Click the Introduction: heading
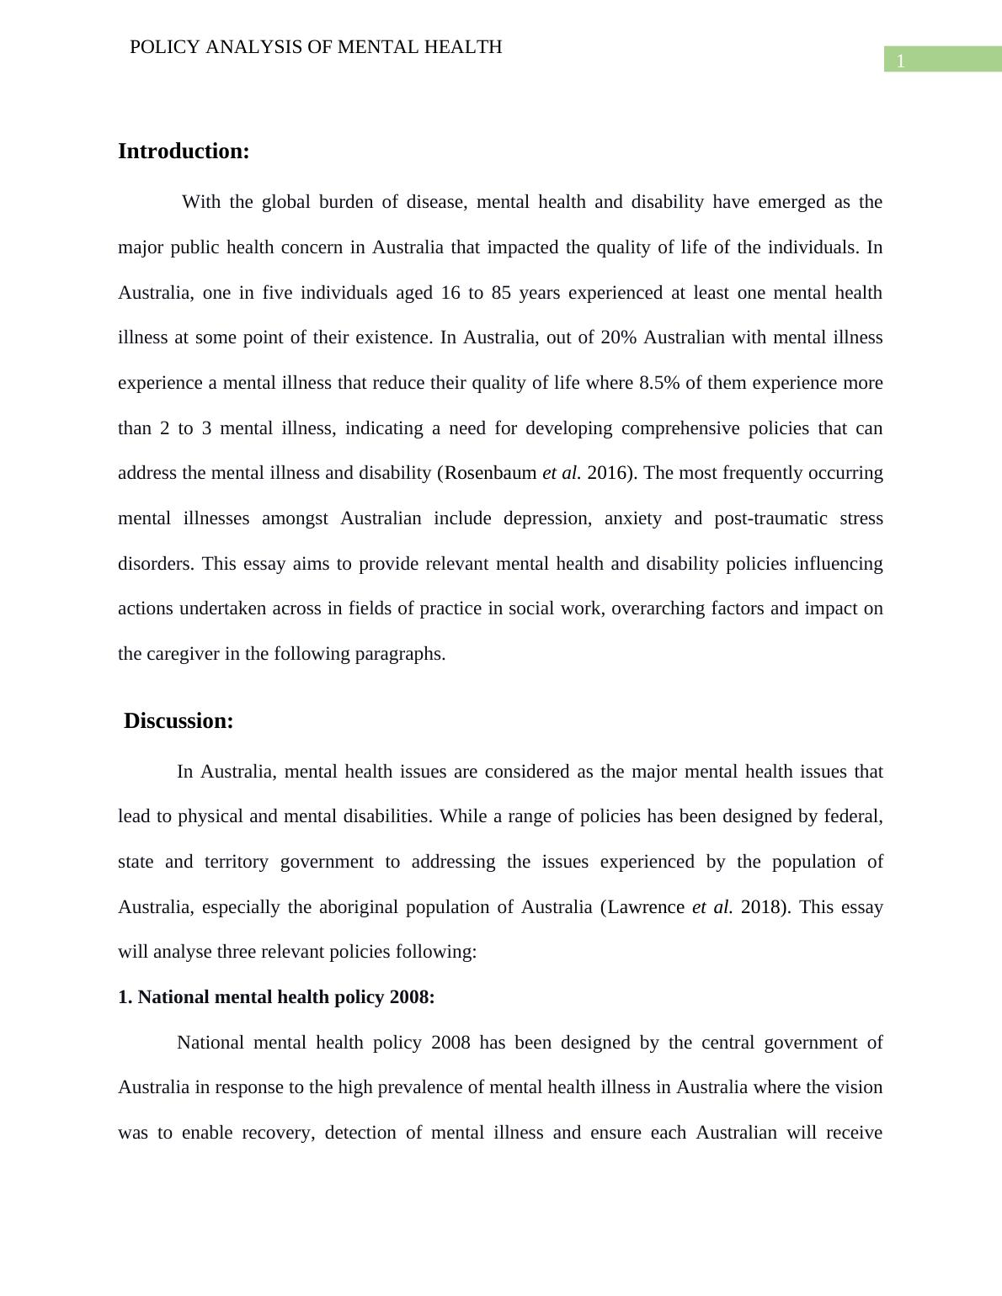tap(184, 151)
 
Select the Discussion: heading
tap(179, 721)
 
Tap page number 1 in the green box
tap(901, 61)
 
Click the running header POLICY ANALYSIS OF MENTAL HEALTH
tap(316, 47)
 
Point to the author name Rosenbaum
tap(490, 473)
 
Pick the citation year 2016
tap(607, 473)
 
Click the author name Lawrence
tap(646, 907)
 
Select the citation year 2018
tap(760, 907)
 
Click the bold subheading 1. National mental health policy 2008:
tap(276, 997)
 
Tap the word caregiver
tap(182, 654)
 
